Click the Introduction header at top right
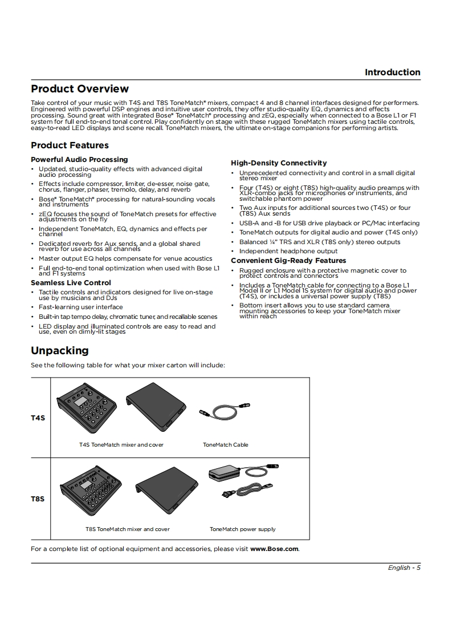click(x=392, y=72)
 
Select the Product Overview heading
click(x=80, y=89)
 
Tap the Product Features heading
click(x=70, y=145)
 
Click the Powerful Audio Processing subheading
click(x=79, y=160)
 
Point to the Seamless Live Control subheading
click(x=71, y=283)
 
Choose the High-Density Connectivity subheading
click(x=279, y=163)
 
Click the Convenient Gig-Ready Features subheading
click(x=288, y=261)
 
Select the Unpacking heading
click(x=60, y=350)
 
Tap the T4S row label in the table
click(x=38, y=418)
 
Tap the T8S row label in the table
click(x=38, y=499)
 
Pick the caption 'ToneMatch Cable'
click(x=226, y=445)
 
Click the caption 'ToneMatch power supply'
click(x=242, y=529)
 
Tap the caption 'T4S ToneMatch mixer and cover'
click(x=121, y=445)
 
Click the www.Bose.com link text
click(x=274, y=549)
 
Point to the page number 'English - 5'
click(x=404, y=568)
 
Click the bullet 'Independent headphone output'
click(x=288, y=252)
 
